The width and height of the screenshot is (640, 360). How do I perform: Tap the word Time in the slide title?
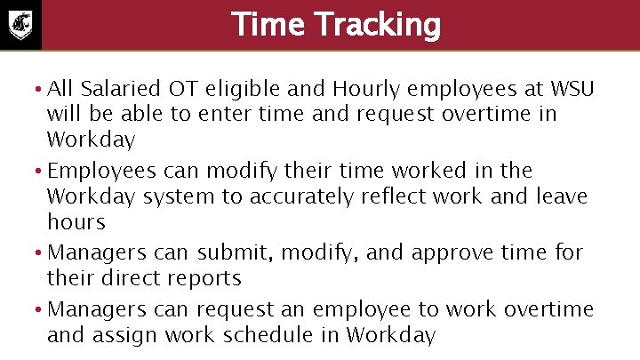(263, 25)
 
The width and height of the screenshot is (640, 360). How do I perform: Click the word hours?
(76, 222)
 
